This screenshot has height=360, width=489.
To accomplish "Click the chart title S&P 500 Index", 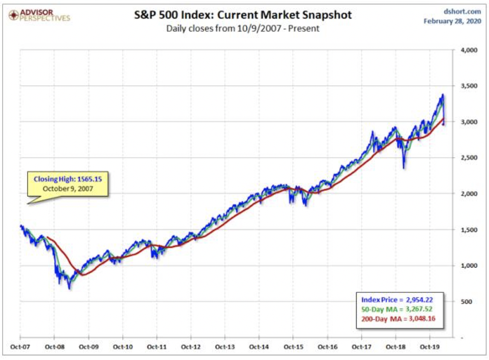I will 243,15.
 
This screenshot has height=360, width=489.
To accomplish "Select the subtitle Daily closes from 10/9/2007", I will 243,28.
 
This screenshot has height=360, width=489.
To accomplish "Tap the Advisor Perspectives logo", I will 39,15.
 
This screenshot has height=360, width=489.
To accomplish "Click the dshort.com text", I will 462,11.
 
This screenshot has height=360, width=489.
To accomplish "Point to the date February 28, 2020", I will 452,21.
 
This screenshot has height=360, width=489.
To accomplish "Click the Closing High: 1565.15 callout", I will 68,184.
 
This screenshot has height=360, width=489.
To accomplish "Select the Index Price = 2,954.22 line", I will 397,300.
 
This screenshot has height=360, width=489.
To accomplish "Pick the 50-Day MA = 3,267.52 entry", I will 397,309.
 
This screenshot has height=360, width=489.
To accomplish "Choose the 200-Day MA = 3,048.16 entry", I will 398,319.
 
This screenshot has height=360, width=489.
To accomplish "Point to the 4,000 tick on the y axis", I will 469,50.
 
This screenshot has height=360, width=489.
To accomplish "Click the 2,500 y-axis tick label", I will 469,158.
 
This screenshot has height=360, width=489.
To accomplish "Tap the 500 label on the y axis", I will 466,301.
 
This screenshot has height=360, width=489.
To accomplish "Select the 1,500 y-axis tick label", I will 469,230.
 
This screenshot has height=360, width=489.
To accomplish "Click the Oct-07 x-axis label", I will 20,347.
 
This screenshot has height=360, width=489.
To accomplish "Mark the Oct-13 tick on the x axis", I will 225,347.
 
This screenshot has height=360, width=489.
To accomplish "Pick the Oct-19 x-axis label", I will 430,347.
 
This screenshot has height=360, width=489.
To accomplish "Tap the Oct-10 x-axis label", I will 123,347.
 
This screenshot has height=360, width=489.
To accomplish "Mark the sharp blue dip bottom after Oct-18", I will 404,168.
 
